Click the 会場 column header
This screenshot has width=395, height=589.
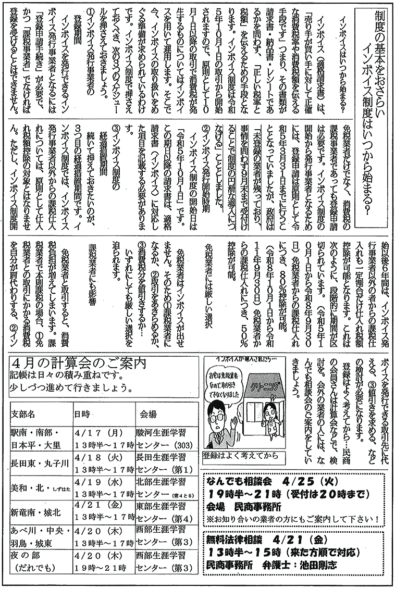(x=149, y=414)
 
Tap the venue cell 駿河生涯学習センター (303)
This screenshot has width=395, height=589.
(x=164, y=438)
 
